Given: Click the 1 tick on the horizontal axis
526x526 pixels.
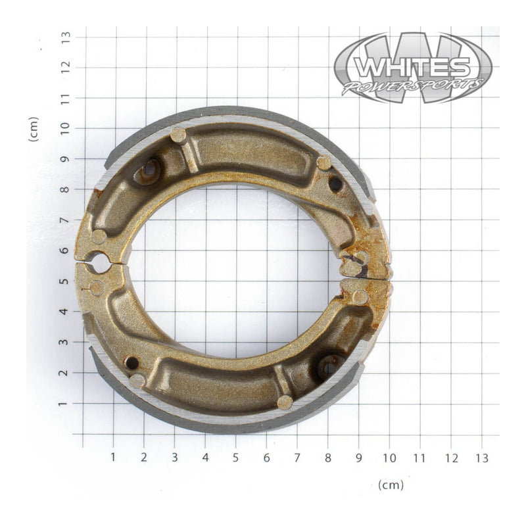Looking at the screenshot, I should pyautogui.click(x=113, y=457).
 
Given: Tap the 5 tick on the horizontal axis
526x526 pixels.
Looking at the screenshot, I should pyautogui.click(x=235, y=457).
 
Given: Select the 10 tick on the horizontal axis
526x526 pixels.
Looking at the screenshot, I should pyautogui.click(x=389, y=457).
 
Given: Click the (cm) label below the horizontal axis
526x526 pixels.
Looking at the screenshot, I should pyautogui.click(x=391, y=485).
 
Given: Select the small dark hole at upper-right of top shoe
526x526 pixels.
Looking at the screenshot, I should pyautogui.click(x=336, y=184).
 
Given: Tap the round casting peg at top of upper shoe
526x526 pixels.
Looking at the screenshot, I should pyautogui.click(x=178, y=135).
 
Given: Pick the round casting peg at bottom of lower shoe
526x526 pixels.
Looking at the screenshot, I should pyautogui.click(x=285, y=402).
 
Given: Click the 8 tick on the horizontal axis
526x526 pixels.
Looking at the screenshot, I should pyautogui.click(x=327, y=457).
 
